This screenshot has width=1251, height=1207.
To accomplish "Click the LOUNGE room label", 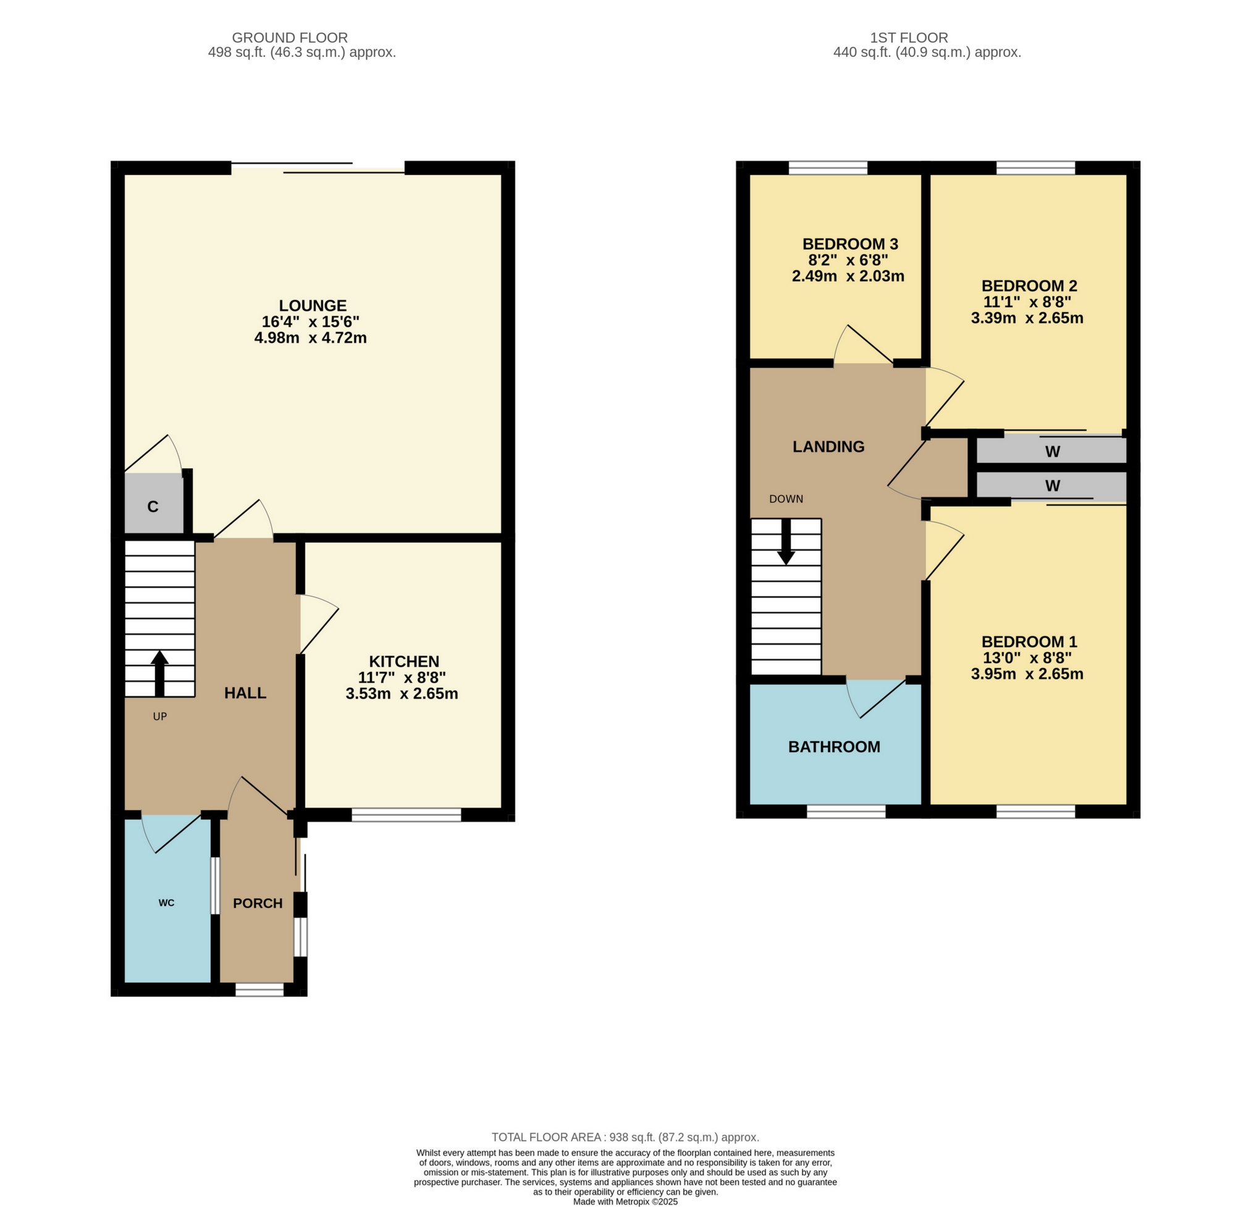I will pos(313,305).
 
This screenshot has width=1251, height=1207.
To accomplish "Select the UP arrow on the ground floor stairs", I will pos(159,673).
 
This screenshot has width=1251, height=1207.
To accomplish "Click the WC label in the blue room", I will pos(167,902).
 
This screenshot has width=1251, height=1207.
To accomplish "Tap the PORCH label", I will pos(257,903).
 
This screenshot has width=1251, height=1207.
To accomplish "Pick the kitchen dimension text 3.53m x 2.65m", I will pos(402,693).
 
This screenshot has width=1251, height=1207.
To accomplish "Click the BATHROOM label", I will pos(833,747).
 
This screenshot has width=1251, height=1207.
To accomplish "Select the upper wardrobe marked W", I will pos(1052,452).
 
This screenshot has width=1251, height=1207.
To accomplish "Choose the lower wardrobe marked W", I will pos(1052,485).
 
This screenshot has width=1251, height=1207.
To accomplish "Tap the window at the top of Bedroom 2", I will pos(1035,168).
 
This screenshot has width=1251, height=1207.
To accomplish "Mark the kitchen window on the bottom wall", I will pos(406,815).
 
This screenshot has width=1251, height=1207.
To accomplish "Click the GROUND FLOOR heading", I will pos(289,38).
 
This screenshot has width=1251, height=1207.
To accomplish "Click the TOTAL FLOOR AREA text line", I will pos(625,1137).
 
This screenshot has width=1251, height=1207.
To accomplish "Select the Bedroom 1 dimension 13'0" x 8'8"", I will pos(1026,657).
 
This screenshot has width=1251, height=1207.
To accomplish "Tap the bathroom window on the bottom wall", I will pos(846,811).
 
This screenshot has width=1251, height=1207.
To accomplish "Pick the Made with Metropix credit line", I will pos(625,1201).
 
